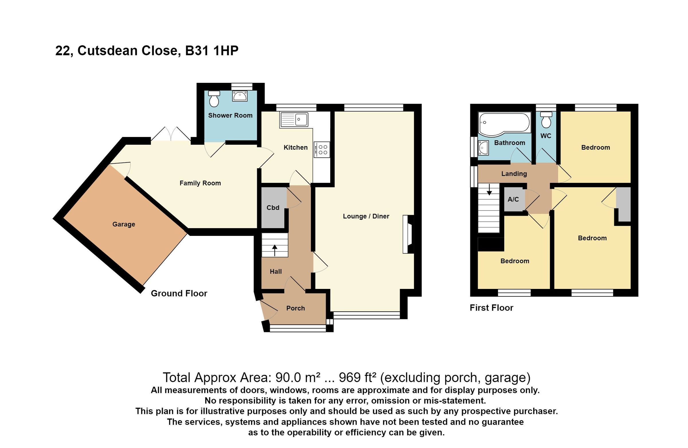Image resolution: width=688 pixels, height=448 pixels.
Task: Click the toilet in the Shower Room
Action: (214, 99)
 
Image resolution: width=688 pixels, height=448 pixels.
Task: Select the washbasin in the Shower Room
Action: (239, 96)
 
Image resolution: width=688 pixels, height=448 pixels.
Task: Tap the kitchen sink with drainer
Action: (294, 120)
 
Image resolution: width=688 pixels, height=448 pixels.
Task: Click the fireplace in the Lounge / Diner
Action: (409, 234)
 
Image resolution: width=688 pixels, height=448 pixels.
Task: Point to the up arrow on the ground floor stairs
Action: (274, 251)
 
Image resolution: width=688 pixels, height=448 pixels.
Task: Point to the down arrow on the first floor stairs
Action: (489, 190)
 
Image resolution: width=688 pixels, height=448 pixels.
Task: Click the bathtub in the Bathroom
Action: (505, 123)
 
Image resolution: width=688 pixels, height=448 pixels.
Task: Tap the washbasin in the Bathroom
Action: (483, 148)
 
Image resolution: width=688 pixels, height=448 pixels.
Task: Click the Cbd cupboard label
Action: (273, 208)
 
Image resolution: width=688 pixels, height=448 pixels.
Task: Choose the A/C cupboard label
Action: (513, 199)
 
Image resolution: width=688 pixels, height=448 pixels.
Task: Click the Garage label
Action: (124, 224)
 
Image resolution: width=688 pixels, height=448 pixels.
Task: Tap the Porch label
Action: (296, 308)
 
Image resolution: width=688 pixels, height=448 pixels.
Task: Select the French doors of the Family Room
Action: (171, 134)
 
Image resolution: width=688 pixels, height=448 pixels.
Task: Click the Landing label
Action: (514, 174)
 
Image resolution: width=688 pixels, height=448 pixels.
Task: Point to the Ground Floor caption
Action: (179, 294)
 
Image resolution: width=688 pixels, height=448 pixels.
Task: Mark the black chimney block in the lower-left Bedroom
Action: (490, 244)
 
